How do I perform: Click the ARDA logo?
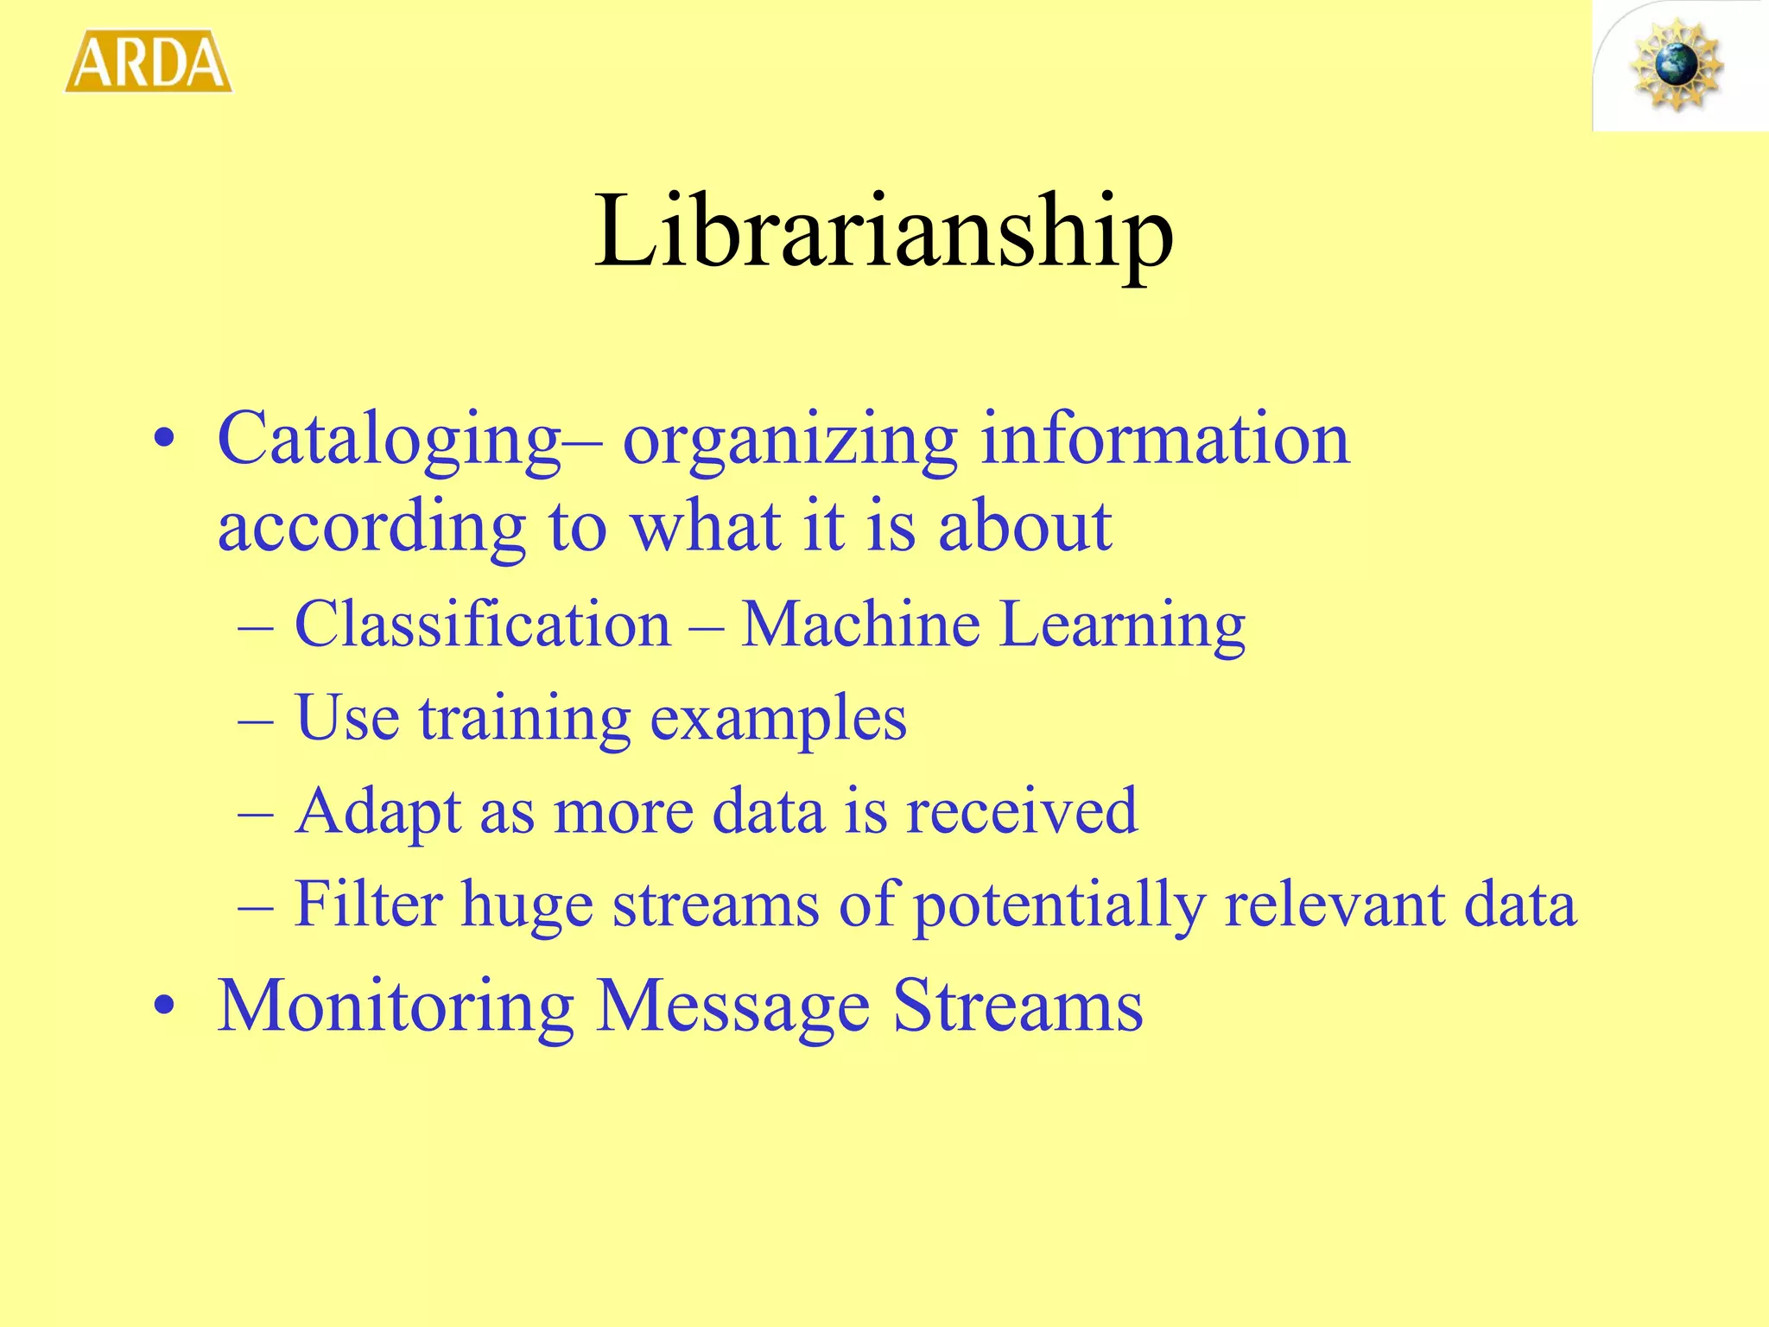pyautogui.click(x=149, y=61)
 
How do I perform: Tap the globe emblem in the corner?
pyautogui.click(x=1677, y=66)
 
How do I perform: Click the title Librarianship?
pyautogui.click(x=884, y=232)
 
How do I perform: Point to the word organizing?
pyautogui.click(x=790, y=441)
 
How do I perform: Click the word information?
pyautogui.click(x=1165, y=438)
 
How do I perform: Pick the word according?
pyautogui.click(x=371, y=528)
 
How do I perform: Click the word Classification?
pyautogui.click(x=483, y=624)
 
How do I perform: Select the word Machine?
pyautogui.click(x=860, y=624)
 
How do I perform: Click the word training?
pyautogui.click(x=525, y=720)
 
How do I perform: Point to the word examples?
pyautogui.click(x=778, y=720)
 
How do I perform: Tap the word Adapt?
pyautogui.click(x=378, y=813)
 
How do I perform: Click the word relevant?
pyautogui.click(x=1334, y=904)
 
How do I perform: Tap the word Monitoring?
pyautogui.click(x=396, y=1007)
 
